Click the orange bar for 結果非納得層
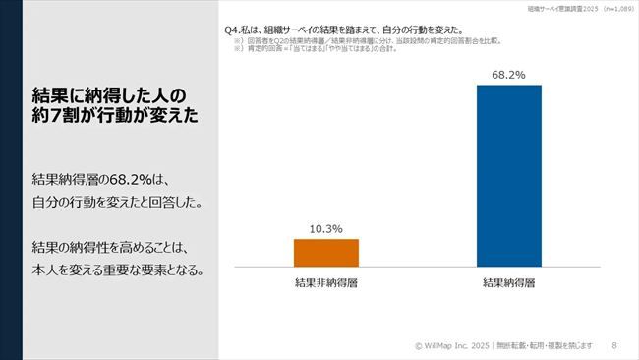click(325, 253)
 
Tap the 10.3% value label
click(325, 228)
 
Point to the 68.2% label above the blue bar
click(508, 74)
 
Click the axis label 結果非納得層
click(325, 283)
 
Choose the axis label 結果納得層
click(508, 283)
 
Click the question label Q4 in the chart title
click(233, 30)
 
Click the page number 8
click(614, 345)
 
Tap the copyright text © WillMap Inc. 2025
click(450, 345)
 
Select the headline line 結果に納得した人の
click(108, 94)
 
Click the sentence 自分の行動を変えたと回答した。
click(117, 203)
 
